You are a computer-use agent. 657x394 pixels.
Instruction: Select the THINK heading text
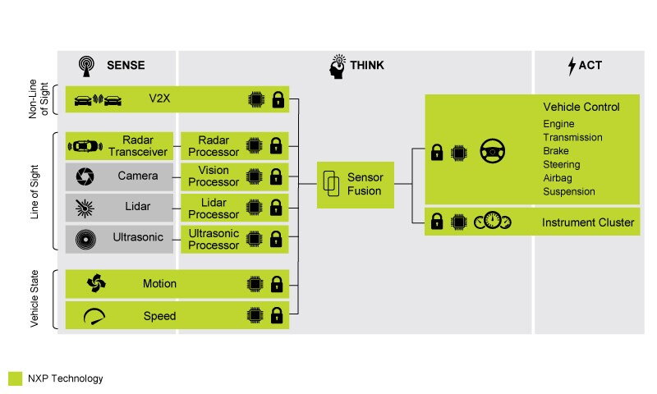(x=365, y=64)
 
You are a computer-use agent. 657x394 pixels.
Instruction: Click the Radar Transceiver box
(x=120, y=145)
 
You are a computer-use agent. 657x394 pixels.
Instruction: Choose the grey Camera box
(x=120, y=176)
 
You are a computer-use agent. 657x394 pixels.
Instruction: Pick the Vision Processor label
(x=214, y=176)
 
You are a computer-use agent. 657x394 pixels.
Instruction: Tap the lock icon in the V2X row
(x=278, y=100)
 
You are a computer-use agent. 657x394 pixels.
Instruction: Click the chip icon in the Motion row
(x=255, y=284)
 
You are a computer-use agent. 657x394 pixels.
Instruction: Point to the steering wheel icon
(x=494, y=153)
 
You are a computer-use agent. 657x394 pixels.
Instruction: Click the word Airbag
(x=558, y=177)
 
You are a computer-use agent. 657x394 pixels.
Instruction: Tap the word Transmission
(x=572, y=138)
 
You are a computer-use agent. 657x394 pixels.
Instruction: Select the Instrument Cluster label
(x=587, y=222)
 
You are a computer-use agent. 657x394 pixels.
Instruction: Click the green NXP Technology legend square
(x=15, y=378)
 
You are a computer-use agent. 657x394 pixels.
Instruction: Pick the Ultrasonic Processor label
(x=214, y=240)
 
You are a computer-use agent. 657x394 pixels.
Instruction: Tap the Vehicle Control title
(x=581, y=108)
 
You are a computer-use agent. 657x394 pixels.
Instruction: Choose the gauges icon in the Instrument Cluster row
(x=493, y=222)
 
